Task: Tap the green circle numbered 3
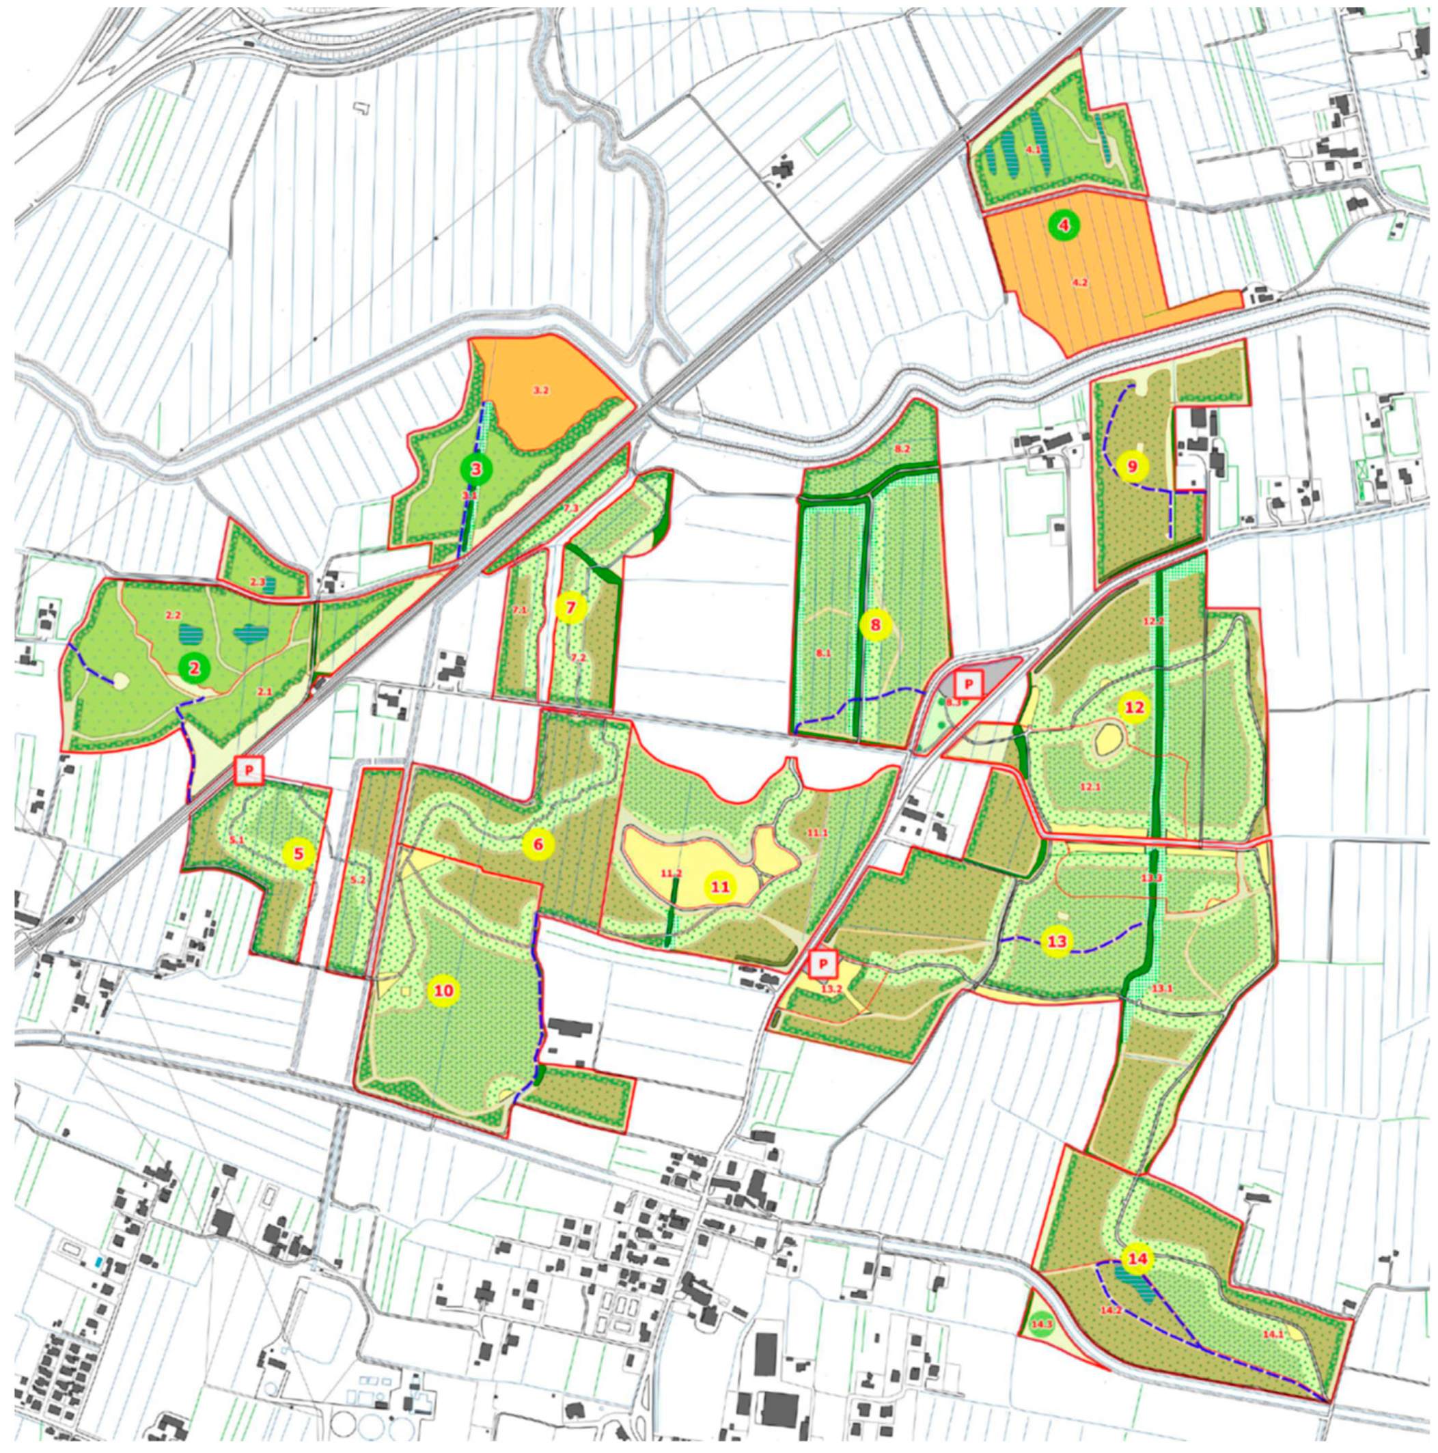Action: (x=476, y=469)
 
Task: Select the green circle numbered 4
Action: (x=1064, y=224)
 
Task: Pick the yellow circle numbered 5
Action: (x=299, y=854)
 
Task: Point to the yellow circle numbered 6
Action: (x=538, y=844)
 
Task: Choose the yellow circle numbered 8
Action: (x=875, y=624)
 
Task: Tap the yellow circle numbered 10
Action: (x=444, y=991)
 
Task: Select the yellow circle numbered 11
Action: (x=721, y=887)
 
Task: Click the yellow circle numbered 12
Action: (x=1134, y=708)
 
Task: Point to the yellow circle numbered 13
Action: (x=1057, y=941)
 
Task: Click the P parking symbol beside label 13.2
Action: (x=824, y=964)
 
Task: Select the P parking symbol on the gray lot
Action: (x=969, y=684)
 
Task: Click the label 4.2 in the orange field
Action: (x=1080, y=283)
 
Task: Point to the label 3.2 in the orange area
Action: (x=541, y=390)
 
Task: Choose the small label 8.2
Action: (x=902, y=449)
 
